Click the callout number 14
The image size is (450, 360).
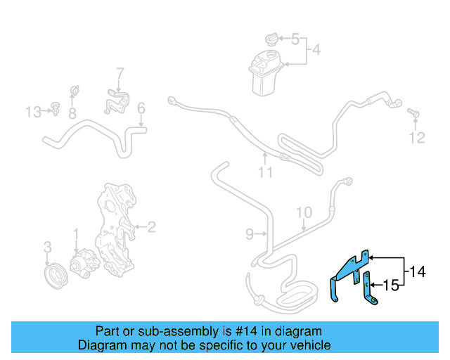(418, 271)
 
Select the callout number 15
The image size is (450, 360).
(392, 285)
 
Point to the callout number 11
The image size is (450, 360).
(264, 172)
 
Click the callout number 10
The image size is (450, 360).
(303, 212)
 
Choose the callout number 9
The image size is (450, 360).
(250, 233)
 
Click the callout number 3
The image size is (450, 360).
(47, 247)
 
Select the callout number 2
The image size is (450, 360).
(151, 226)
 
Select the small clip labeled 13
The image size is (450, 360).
(53, 108)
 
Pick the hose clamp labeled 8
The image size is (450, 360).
(73, 93)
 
